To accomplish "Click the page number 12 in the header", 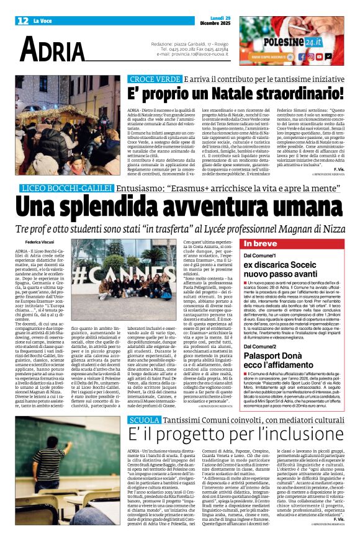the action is pyautogui.click(x=23, y=21).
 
